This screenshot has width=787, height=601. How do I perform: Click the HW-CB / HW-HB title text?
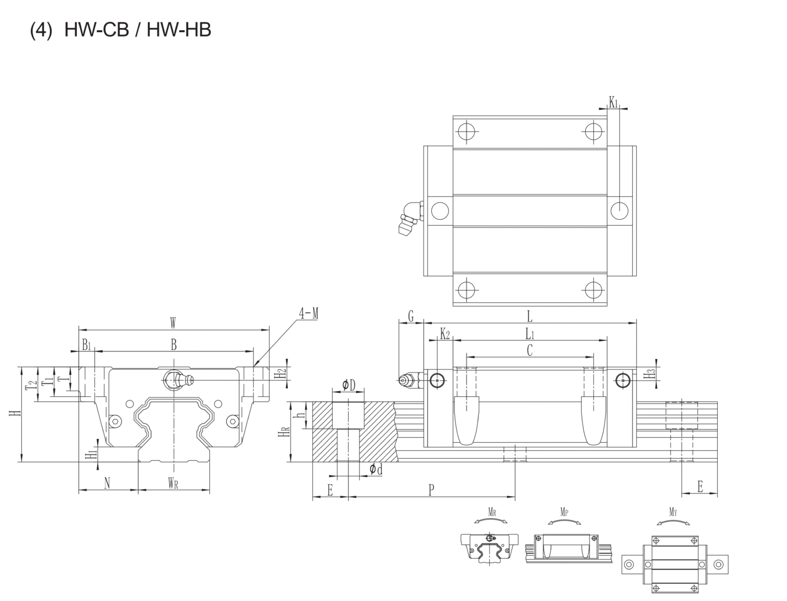pos(137,30)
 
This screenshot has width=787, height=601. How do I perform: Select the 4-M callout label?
pos(309,314)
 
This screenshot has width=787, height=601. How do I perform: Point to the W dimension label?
pos(173,324)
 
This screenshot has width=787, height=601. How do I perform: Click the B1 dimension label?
pos(86,345)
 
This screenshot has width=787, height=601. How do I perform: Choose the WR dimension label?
pos(173,484)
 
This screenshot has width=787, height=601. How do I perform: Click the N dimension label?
pos(107,484)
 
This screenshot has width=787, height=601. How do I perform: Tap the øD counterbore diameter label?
pos(349,385)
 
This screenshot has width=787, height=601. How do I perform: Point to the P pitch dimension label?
pos(431,490)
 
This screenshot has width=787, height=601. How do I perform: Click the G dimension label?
pos(411,316)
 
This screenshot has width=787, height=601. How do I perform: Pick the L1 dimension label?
pos(530,335)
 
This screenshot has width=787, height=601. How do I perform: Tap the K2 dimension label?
pos(445,335)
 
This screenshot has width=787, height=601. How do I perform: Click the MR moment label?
pos(492,512)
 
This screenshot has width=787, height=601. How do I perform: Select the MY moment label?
pos(673,512)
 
